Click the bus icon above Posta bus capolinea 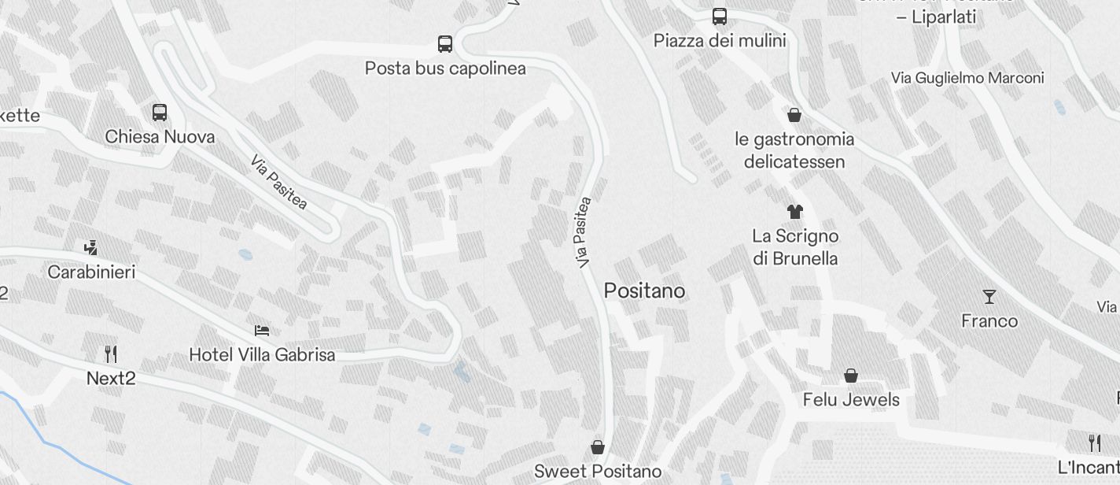tap(444, 44)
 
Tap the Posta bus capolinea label tap(445, 68)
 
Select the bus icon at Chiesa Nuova tap(160, 113)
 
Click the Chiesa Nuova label tap(160, 137)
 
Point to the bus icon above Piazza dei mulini tap(719, 17)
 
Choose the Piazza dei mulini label tap(720, 40)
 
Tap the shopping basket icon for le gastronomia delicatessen tap(794, 116)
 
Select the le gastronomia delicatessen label tap(794, 150)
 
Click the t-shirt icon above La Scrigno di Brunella tap(794, 211)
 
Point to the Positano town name tap(644, 291)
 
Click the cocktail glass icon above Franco tap(989, 297)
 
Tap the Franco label tap(989, 321)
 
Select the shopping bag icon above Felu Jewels tap(850, 376)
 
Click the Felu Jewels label tap(851, 400)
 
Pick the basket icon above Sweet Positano tap(598, 447)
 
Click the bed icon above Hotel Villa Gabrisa tap(262, 331)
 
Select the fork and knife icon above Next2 tap(111, 354)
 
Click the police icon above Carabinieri tap(90, 248)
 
